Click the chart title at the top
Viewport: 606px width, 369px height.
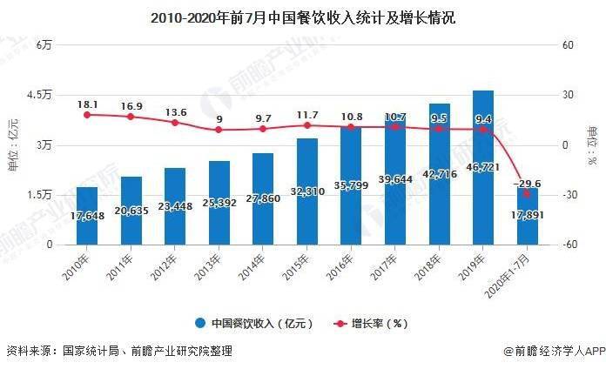click(x=303, y=17)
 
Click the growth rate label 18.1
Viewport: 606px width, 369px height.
click(x=87, y=104)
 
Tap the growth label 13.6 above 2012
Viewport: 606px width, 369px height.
click(x=175, y=112)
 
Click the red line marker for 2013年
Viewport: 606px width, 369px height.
click(x=219, y=130)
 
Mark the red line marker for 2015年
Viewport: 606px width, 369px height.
click(x=307, y=125)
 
